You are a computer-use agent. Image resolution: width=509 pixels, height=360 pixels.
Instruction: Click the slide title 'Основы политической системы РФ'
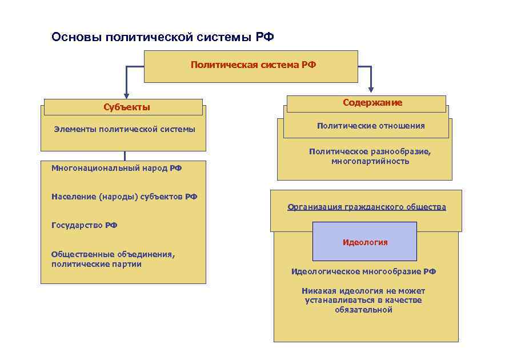162,38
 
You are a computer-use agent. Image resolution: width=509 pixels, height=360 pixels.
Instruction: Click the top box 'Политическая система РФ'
253,65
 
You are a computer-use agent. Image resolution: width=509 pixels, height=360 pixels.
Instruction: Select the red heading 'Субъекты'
127,107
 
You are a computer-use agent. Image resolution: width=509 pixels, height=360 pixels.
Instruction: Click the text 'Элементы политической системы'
125,129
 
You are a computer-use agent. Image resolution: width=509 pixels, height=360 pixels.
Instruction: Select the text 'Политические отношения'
371,126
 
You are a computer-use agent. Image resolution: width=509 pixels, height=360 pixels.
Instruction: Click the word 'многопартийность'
370,162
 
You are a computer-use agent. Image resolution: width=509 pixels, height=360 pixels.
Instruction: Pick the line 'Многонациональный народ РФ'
117,169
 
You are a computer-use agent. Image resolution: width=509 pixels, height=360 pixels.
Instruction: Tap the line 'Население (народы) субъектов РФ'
124,197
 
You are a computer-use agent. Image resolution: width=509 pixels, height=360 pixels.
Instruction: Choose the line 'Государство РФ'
84,225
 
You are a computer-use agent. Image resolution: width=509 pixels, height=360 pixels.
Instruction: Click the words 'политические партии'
96,265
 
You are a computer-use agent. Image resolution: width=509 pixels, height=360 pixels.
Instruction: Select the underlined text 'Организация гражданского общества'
367,207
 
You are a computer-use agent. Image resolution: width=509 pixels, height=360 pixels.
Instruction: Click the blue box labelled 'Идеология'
364,242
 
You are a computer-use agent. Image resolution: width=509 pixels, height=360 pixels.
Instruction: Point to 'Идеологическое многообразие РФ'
363,272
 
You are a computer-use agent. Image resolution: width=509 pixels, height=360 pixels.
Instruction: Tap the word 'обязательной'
364,310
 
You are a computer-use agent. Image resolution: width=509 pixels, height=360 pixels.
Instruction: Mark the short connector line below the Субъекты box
125,156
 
